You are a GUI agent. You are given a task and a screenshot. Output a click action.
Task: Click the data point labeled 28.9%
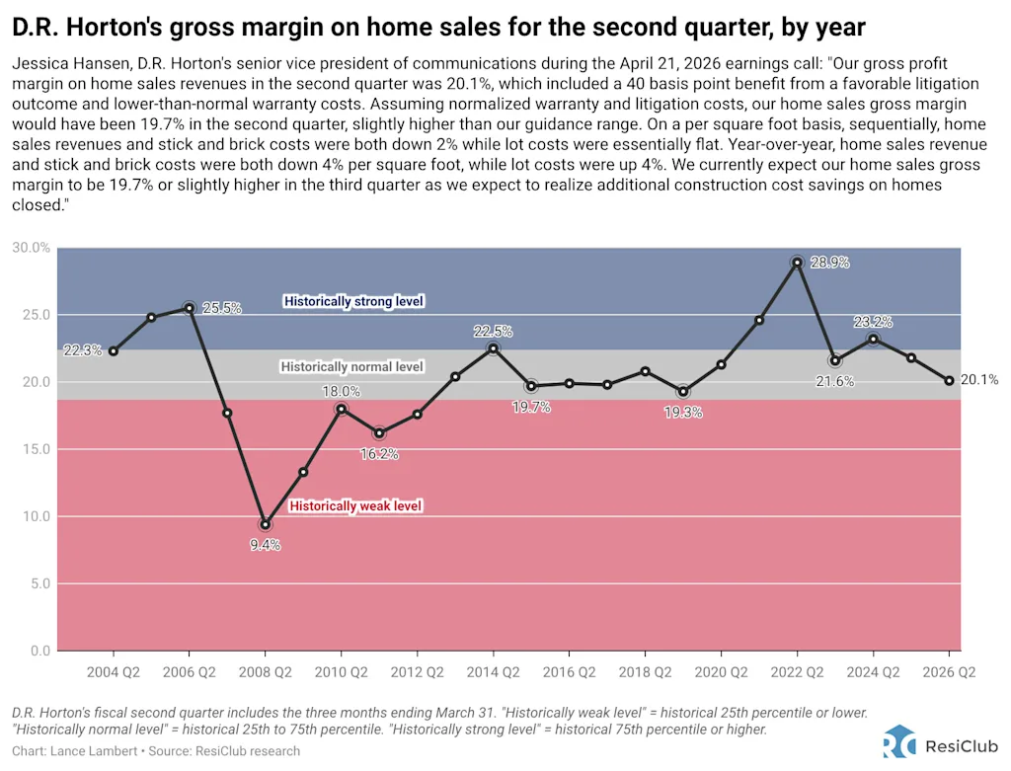point(797,263)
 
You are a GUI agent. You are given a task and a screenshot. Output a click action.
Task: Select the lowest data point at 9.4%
point(265,525)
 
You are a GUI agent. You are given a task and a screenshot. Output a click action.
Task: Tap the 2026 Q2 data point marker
point(949,380)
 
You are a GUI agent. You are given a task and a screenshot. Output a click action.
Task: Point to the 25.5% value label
point(222,308)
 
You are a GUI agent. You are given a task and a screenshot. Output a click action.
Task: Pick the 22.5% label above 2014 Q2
point(494,331)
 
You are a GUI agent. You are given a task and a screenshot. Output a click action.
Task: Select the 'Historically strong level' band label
point(353,301)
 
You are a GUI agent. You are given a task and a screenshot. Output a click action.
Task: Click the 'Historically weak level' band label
point(354,506)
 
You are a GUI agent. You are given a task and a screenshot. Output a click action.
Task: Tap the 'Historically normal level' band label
point(351,367)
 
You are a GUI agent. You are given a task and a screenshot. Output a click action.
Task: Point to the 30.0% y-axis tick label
point(30,248)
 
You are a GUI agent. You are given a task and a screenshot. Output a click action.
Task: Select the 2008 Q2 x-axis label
point(265,671)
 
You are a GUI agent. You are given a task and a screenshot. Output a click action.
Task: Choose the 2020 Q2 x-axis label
point(721,671)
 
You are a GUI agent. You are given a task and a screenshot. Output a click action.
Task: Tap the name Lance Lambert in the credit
point(89,751)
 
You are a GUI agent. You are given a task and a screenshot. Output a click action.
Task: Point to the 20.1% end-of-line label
point(978,380)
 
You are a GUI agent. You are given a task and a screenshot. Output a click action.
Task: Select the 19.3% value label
point(683,413)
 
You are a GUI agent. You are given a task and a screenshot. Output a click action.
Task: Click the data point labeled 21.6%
point(835,360)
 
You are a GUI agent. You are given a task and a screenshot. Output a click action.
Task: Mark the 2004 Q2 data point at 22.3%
point(114,351)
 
